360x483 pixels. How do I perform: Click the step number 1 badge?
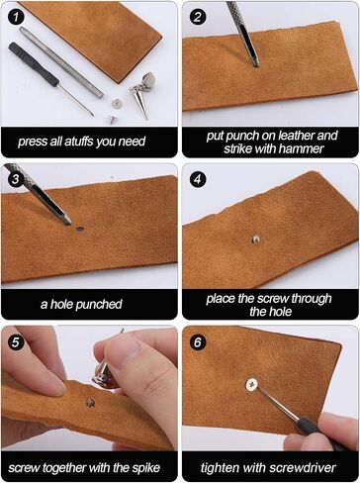[x=15, y=17]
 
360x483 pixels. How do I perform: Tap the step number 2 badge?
[x=197, y=17]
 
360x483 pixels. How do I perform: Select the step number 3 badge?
[x=15, y=179]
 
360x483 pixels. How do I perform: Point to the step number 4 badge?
[x=197, y=179]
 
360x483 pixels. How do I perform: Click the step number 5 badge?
[x=15, y=341]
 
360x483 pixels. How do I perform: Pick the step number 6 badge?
[x=197, y=341]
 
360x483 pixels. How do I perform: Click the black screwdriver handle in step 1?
[x=34, y=64]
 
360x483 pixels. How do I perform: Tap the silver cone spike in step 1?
[x=141, y=103]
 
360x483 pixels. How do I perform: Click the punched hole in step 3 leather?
[x=79, y=229]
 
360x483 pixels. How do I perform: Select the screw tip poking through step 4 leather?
[x=255, y=239]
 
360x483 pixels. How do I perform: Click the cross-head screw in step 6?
[x=252, y=385]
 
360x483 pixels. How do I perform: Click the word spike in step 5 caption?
[x=146, y=468]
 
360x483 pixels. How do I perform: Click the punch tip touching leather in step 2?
[x=255, y=63]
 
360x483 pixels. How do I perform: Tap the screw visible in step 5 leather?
[x=90, y=403]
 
